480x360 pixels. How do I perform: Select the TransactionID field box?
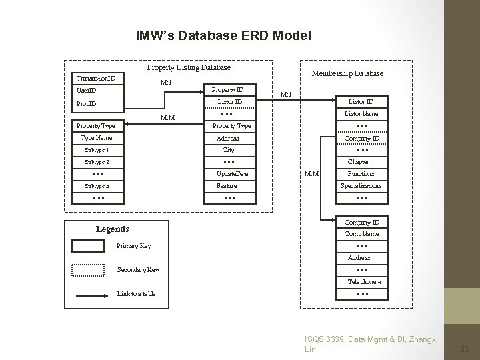click(96, 78)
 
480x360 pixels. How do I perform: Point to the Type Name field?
click(96, 138)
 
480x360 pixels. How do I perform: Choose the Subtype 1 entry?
click(96, 150)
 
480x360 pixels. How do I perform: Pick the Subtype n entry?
click(96, 186)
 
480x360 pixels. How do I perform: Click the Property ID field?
click(227, 90)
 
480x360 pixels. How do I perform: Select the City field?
click(227, 150)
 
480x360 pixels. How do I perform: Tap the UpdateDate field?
click(232, 174)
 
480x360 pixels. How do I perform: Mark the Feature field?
click(227, 186)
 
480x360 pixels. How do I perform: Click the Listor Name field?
click(361, 114)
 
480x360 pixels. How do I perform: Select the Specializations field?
click(361, 186)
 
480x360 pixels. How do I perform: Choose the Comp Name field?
click(361, 234)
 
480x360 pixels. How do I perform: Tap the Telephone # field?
click(361, 282)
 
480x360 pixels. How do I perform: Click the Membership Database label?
click(347, 73)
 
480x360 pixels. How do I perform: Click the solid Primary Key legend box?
click(87, 246)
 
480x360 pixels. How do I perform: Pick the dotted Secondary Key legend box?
click(87, 270)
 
